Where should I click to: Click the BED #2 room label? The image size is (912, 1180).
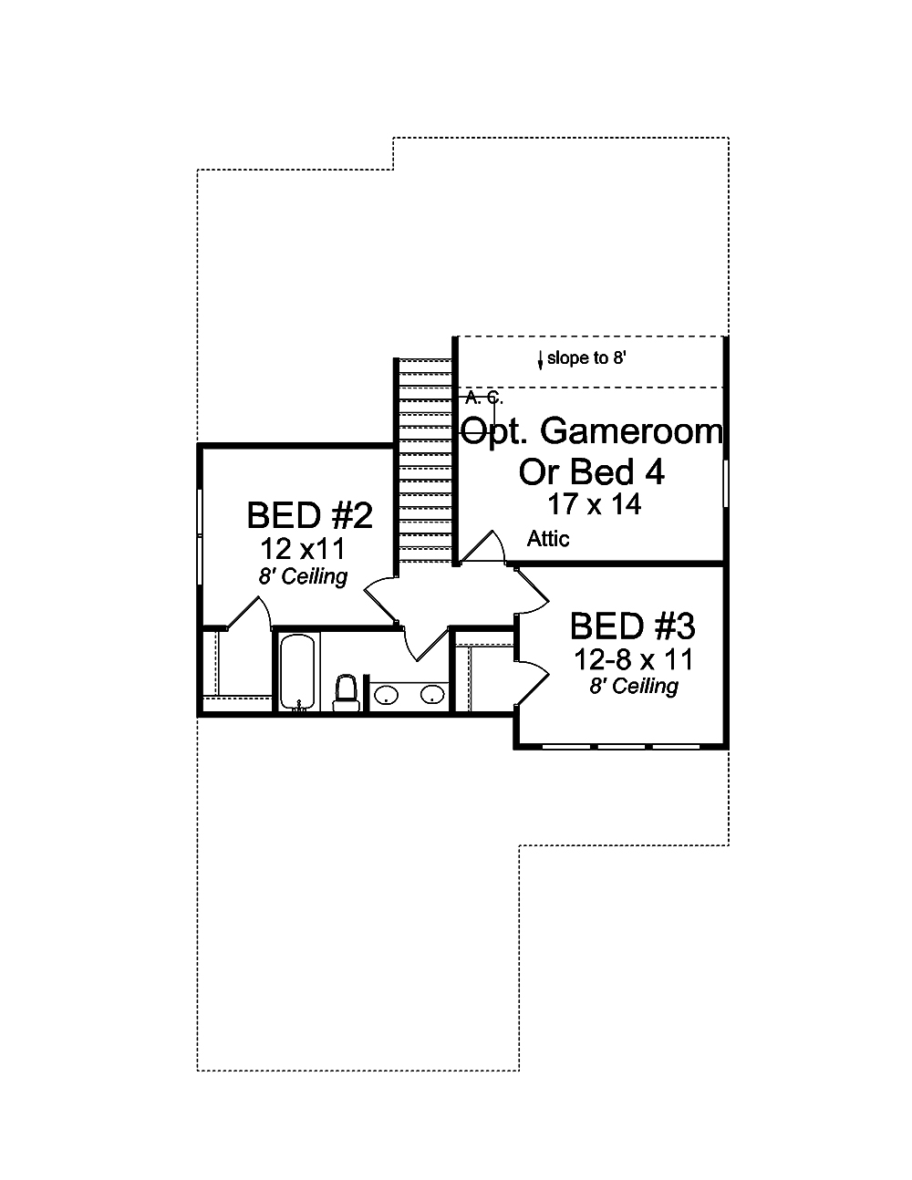pos(309,515)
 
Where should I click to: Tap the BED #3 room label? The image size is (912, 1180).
pos(632,626)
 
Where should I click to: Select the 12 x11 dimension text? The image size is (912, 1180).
pos(303,549)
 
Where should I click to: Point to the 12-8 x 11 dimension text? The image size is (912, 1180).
pos(633,658)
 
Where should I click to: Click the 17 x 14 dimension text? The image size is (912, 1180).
pos(594,504)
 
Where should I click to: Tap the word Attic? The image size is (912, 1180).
pos(548,539)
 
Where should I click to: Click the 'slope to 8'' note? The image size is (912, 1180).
pos(586,358)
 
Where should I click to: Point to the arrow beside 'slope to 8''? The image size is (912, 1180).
pos(540,359)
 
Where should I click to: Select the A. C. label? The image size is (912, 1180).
pos(483,397)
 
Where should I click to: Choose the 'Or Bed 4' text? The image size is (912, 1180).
pos(591,471)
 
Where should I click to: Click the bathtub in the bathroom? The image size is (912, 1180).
pos(297,671)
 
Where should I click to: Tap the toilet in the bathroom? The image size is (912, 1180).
pos(346,693)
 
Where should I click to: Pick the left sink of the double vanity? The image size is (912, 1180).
pos(387,696)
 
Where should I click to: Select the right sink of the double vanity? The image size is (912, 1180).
pos(431,696)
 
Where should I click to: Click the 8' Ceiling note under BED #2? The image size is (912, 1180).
pos(302,576)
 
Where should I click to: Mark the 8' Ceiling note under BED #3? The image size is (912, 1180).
pos(633,686)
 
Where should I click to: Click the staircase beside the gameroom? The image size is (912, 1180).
pos(425,461)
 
